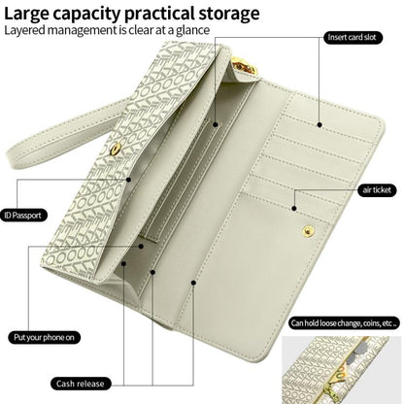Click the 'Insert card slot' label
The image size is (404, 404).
tap(353, 38)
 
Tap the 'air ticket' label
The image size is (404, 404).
tap(377, 190)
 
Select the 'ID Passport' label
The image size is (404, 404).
tap(23, 216)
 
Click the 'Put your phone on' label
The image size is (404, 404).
tap(44, 338)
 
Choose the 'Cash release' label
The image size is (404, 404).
tap(81, 384)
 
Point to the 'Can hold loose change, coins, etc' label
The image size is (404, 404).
tap(344, 323)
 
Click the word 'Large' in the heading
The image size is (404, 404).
tap(26, 14)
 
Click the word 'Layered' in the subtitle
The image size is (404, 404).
tap(25, 30)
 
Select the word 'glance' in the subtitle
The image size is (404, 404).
tap(193, 30)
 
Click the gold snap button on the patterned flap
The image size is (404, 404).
tap(115, 149)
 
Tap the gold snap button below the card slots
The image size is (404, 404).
tap(308, 230)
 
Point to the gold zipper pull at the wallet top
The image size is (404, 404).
tap(243, 67)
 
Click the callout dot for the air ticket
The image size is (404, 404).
tap(294, 209)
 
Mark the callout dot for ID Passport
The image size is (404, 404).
tap(128, 180)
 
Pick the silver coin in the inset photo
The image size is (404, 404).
tap(357, 351)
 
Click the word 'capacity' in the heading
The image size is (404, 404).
tap(86, 15)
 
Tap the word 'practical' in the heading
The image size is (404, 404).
tap(159, 15)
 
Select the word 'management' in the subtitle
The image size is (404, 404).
tap(83, 30)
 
